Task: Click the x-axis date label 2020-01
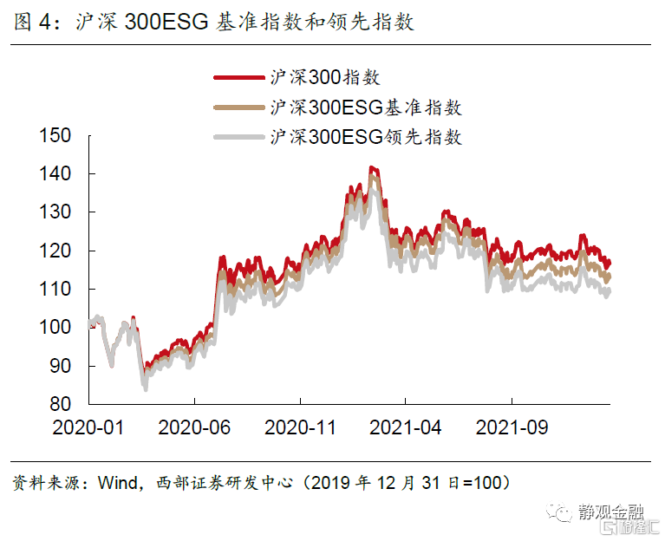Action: [88, 427]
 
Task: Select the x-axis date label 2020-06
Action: [194, 427]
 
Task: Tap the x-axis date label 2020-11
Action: [300, 427]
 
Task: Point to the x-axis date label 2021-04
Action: [405, 427]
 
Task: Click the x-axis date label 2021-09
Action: [511, 427]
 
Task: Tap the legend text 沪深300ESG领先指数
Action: [366, 137]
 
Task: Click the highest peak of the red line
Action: [371, 167]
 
